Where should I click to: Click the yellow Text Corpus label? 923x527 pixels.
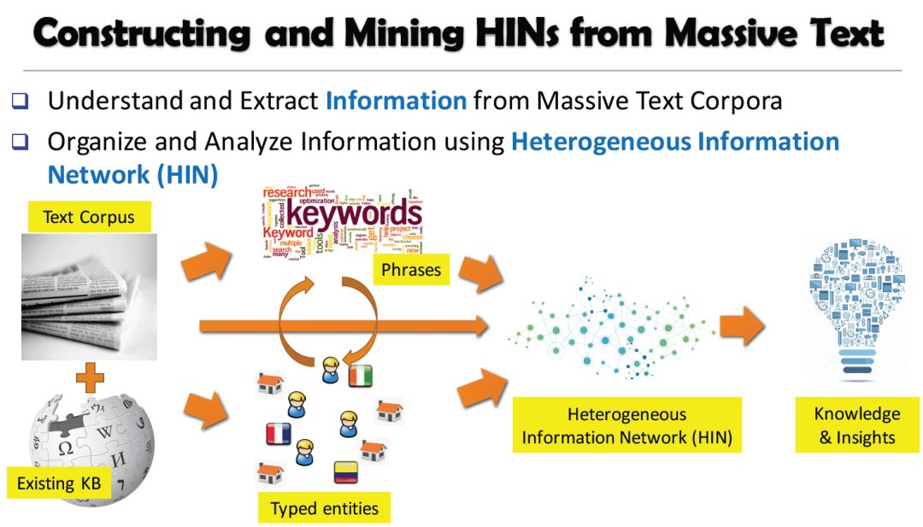89,217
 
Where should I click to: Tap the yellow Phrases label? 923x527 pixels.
412,270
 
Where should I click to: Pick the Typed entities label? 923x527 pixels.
324,508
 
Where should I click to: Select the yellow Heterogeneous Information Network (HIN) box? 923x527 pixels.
627,426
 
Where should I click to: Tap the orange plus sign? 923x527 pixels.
89,376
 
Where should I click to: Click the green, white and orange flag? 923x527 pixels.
361,376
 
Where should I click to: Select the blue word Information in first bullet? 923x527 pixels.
396,101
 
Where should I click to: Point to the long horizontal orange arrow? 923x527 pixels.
342,325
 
